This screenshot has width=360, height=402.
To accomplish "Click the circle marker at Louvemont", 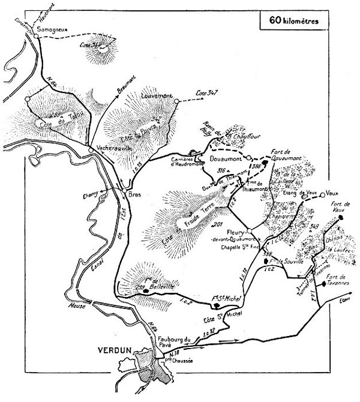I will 176,102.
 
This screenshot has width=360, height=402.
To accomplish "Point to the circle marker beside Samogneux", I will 36,35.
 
